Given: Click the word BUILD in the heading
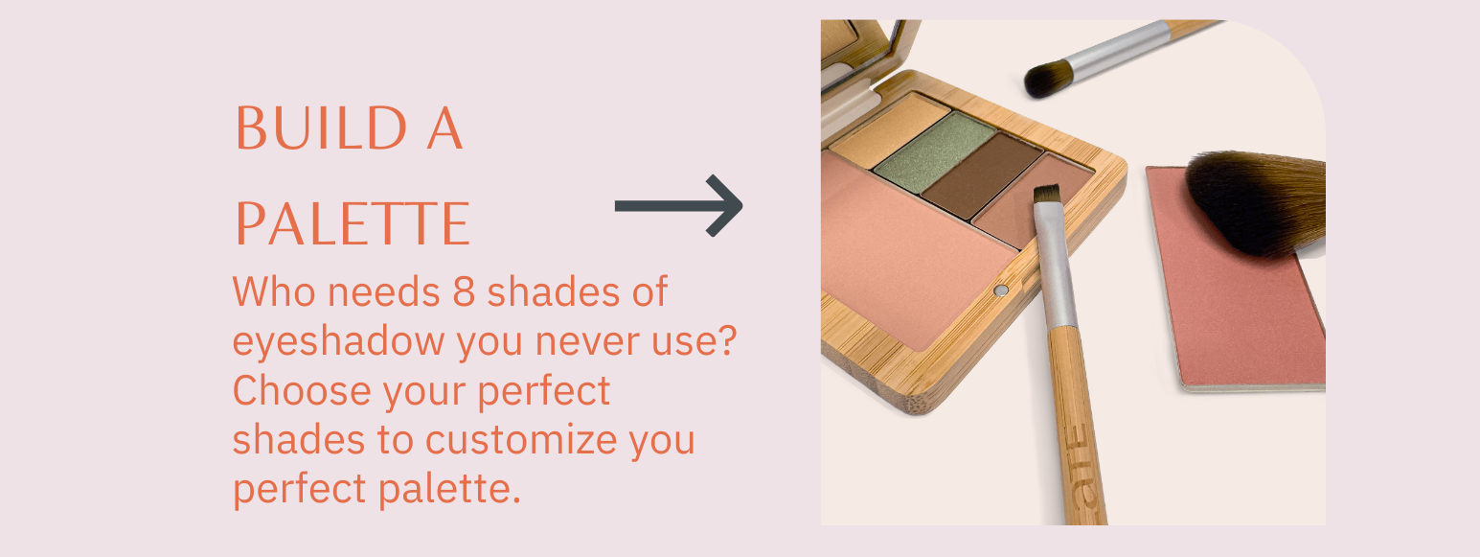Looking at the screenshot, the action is click(321, 128).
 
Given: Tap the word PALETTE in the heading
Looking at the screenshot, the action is click(353, 224).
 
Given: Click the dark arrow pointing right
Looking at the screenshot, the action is click(678, 206).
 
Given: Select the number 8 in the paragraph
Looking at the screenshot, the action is click(464, 291).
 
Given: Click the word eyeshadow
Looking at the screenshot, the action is click(337, 340).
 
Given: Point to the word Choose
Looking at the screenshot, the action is click(302, 389).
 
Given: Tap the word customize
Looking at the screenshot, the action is click(521, 439).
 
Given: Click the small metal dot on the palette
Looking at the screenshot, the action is click(1001, 290).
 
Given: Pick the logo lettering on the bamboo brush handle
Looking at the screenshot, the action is click(1082, 473).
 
